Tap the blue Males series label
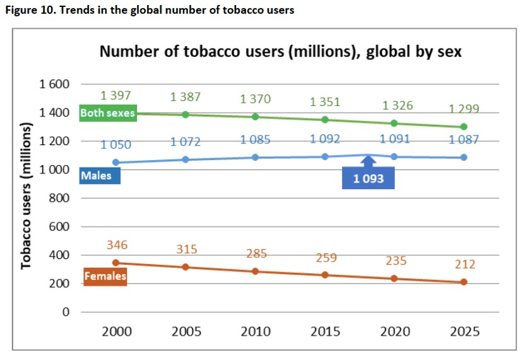(96, 175)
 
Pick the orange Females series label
(105, 276)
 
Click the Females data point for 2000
(115, 262)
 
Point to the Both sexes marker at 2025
(464, 127)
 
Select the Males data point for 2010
(256, 157)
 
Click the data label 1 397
(115, 96)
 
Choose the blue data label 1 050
(115, 145)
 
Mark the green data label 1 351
(325, 102)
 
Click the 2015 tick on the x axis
(325, 332)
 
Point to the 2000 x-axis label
(115, 332)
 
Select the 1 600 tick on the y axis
(54, 84)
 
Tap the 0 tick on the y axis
(64, 312)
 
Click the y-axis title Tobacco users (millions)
(26, 196)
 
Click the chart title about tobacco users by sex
(281, 52)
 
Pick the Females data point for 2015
(325, 275)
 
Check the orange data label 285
(256, 254)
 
